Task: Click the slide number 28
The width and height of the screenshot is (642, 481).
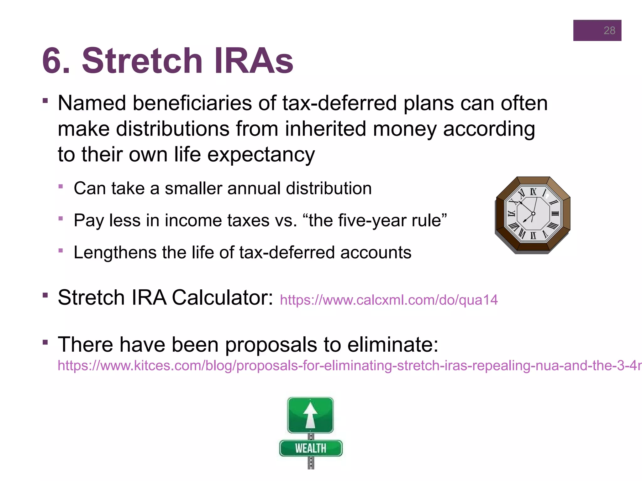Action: click(x=609, y=30)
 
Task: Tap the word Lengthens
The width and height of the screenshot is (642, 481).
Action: click(x=115, y=252)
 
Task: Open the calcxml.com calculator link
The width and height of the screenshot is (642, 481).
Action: click(x=389, y=300)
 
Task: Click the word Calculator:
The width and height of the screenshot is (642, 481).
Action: click(x=223, y=297)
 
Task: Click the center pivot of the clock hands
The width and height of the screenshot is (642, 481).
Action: click(x=533, y=214)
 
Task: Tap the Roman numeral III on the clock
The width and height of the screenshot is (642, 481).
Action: click(x=555, y=214)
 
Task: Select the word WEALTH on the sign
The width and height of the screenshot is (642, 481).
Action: click(x=310, y=448)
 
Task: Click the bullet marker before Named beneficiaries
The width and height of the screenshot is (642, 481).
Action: click(x=45, y=101)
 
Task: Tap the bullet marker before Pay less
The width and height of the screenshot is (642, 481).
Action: click(x=61, y=218)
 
